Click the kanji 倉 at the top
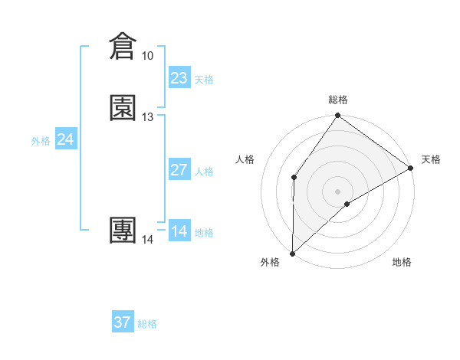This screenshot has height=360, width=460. pos(123,47)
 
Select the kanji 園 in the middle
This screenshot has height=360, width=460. pos(123,108)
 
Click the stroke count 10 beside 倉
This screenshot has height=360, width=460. pos(147,56)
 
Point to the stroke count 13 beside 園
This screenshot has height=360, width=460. pos(147,117)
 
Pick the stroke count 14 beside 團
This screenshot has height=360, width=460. pos(147,240)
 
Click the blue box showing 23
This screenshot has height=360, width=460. pos(179,78)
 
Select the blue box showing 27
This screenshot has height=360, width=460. pos(179,170)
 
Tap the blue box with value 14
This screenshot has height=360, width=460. pos(179,231)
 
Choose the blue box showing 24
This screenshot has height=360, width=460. pos(66,139)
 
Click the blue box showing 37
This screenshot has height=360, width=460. pos(123,322)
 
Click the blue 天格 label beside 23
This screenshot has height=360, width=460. pos(204,80)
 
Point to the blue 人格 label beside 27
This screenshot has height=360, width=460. pos(204,172)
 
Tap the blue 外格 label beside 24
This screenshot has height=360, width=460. pos(41,141)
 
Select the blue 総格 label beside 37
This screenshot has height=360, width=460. pos(147,324)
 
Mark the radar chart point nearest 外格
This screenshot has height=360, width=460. pos(292,254)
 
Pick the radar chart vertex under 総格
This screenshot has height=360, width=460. pos(337,116)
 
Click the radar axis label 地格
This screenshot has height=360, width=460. pos(402,263)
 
